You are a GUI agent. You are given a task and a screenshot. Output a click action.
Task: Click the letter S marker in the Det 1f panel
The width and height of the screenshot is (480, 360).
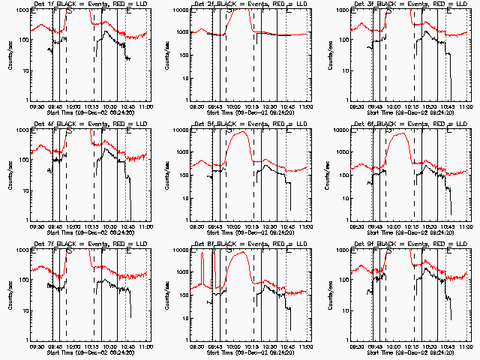(x=70, y=12)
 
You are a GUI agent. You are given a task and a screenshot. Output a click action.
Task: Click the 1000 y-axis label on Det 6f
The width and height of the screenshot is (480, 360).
(x=339, y=153)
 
